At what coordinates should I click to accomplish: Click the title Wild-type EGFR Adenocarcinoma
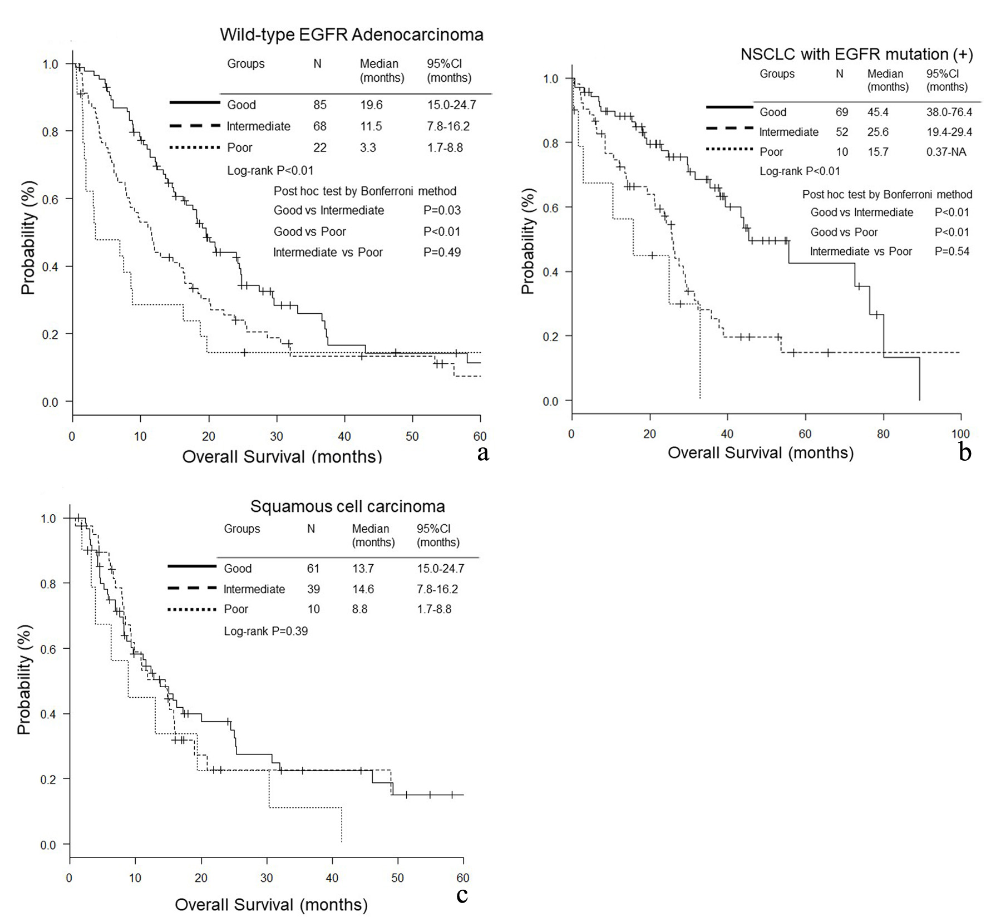coord(351,34)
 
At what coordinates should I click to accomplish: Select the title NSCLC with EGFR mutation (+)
coord(856,54)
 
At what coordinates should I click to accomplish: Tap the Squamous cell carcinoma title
coord(347,506)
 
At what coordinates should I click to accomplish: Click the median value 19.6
coord(371,105)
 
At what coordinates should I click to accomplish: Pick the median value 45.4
coord(878,112)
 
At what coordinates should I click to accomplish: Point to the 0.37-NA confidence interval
coord(946,152)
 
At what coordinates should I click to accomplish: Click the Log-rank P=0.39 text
coord(265,631)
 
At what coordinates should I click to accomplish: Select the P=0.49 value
coord(442,252)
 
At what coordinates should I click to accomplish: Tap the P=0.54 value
coord(952,252)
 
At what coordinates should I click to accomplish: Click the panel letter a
coord(483,453)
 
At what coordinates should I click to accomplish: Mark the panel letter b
coord(965,452)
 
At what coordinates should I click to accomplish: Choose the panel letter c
coord(462,895)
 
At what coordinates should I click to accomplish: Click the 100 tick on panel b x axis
coord(960,434)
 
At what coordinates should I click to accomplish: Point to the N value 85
coord(319,105)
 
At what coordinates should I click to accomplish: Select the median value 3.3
coord(368,147)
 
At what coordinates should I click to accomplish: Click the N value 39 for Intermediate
coord(313,589)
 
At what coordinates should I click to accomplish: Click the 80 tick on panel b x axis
coord(883,434)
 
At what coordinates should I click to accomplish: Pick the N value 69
coord(842,112)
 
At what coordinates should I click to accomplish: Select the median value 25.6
coord(878,132)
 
